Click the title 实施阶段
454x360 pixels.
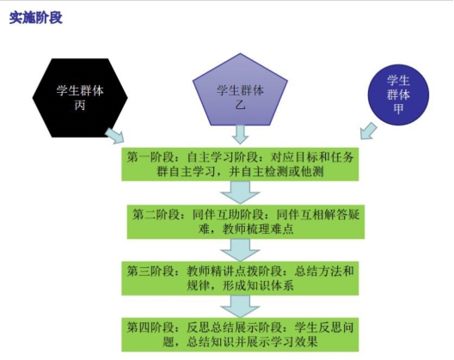(x=36, y=18)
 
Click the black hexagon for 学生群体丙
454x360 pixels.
(x=80, y=98)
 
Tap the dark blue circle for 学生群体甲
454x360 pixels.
(x=398, y=95)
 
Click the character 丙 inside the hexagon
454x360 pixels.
(x=80, y=105)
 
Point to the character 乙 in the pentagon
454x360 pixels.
(x=240, y=105)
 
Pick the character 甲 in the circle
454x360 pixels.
(x=398, y=109)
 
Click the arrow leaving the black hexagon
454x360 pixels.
(x=114, y=136)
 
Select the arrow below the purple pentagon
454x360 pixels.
(x=240, y=135)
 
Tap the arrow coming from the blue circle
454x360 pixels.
(x=368, y=131)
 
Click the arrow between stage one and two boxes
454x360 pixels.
(x=240, y=192)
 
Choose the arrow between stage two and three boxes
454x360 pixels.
(x=240, y=250)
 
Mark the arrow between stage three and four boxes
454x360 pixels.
(x=240, y=307)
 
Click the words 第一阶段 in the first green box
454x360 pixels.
(x=150, y=157)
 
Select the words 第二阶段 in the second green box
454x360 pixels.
(x=156, y=215)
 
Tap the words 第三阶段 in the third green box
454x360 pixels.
(x=150, y=272)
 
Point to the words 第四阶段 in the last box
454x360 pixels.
(x=150, y=328)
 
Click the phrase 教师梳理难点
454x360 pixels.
(x=258, y=229)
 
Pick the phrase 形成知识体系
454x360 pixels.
(x=258, y=285)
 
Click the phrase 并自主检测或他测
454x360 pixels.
(x=276, y=172)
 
